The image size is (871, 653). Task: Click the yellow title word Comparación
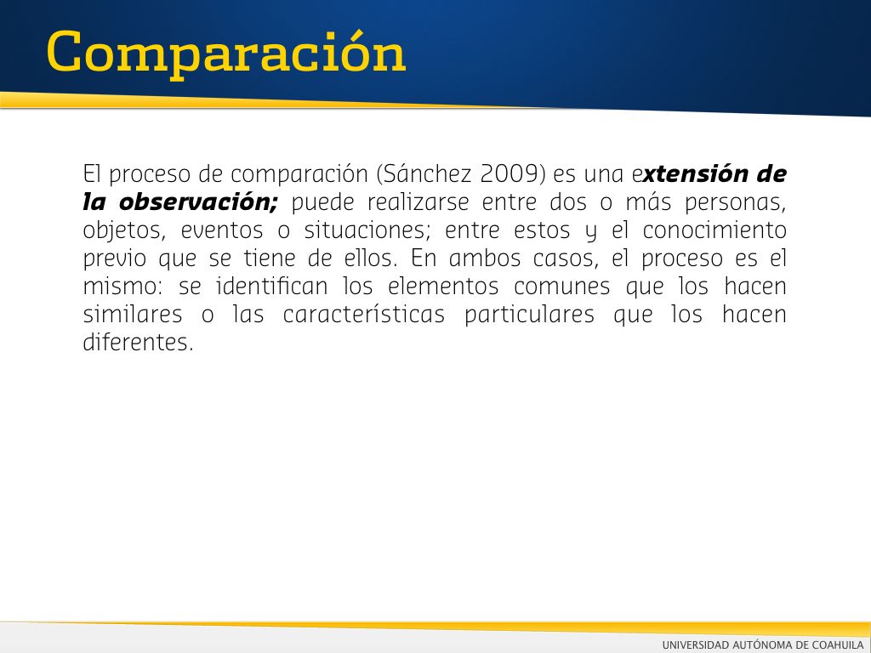tap(226, 54)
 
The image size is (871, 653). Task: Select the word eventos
tap(222, 230)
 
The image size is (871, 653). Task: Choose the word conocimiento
tap(714, 230)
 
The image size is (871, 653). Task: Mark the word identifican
tap(272, 286)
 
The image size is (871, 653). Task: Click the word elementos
tap(443, 287)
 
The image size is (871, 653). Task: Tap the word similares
tap(132, 314)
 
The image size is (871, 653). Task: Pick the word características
tap(364, 314)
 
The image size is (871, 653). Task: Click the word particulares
tap(529, 315)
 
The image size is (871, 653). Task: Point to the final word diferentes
tap(137, 342)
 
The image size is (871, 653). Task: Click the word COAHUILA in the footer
tap(838, 644)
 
